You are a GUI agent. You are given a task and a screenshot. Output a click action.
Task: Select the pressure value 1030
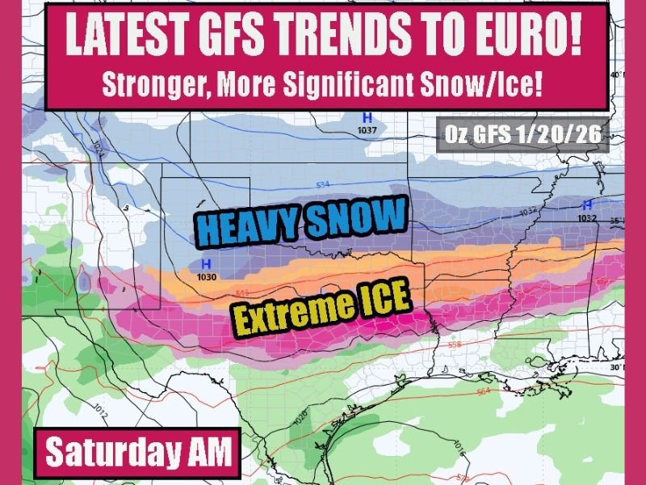click(x=207, y=276)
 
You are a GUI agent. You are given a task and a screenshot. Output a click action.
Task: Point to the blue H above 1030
click(x=207, y=264)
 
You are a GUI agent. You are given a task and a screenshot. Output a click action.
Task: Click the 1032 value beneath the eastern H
click(x=586, y=217)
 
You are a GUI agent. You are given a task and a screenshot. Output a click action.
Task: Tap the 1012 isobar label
click(x=101, y=407)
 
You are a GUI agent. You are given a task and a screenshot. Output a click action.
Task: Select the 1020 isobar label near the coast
click(x=299, y=417)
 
